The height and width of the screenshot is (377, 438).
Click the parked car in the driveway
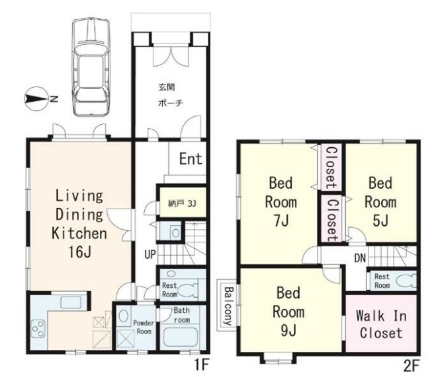(91, 67)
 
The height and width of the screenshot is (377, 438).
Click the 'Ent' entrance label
(191, 158)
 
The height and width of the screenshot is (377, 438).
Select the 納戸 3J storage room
(183, 203)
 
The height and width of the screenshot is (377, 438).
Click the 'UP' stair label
(150, 254)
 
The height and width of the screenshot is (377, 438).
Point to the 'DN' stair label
(360, 258)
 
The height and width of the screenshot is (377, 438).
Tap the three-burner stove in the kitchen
(38, 329)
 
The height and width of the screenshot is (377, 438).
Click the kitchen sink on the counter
(71, 302)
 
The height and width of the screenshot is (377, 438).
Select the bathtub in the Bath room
(181, 337)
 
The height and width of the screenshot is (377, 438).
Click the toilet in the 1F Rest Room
(188, 290)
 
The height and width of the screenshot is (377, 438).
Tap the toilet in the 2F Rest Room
(406, 281)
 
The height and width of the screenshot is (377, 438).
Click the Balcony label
(229, 306)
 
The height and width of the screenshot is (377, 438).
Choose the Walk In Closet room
(381, 323)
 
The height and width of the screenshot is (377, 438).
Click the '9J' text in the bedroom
(288, 330)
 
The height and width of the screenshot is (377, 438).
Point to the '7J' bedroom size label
(281, 221)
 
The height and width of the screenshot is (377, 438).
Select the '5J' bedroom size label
(380, 221)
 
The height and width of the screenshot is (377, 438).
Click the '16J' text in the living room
(79, 252)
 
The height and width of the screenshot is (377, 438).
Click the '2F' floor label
(412, 366)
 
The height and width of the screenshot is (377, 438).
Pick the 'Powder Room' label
(144, 327)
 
